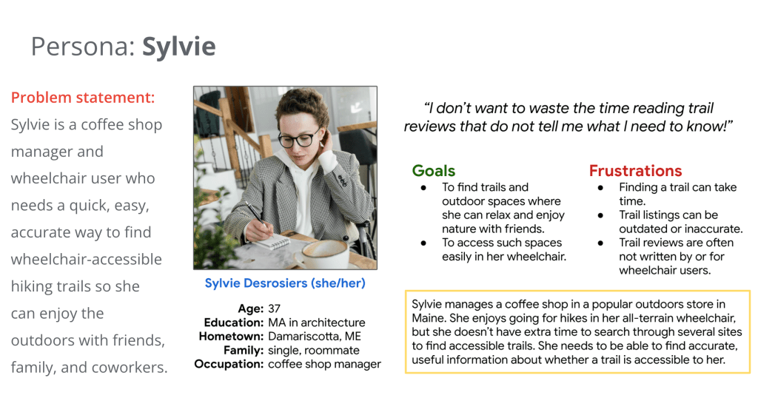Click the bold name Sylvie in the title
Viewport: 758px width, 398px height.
tap(179, 47)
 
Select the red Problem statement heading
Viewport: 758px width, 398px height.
tap(83, 98)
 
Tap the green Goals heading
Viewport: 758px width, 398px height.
tap(434, 170)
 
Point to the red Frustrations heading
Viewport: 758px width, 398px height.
tap(635, 170)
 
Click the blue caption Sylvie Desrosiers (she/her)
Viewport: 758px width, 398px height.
tap(285, 283)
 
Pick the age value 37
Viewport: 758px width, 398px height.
tap(274, 308)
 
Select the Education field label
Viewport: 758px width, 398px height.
tap(234, 322)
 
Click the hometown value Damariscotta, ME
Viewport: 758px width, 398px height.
tap(315, 336)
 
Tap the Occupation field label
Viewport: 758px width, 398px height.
tap(229, 364)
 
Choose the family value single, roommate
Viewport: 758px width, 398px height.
tap(314, 350)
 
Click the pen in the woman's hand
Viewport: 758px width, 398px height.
tap(256, 215)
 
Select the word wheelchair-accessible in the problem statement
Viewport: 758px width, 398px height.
tap(87, 260)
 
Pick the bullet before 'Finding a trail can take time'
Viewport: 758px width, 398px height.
tap(600, 187)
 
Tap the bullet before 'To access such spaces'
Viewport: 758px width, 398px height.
tap(423, 243)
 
